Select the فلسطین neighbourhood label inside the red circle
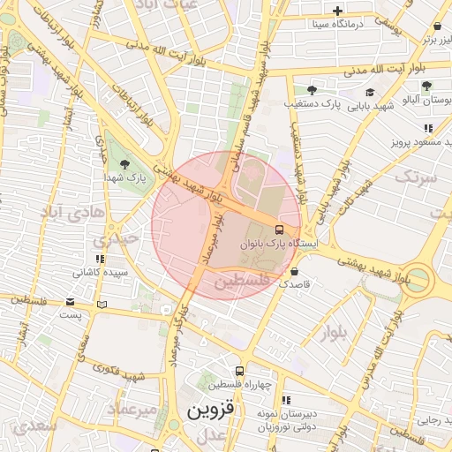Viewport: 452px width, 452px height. [238, 281]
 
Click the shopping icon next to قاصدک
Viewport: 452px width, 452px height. [294, 272]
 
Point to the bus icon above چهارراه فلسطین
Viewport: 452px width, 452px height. [239, 372]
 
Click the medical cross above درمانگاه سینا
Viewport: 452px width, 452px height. [337, 11]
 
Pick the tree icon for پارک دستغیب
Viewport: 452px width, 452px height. [311, 90]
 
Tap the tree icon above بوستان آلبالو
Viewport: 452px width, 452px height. [426, 86]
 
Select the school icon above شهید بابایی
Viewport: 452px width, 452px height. [369, 92]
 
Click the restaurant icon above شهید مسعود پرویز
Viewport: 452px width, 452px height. [429, 128]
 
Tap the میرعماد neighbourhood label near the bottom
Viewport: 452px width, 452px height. [132, 410]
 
